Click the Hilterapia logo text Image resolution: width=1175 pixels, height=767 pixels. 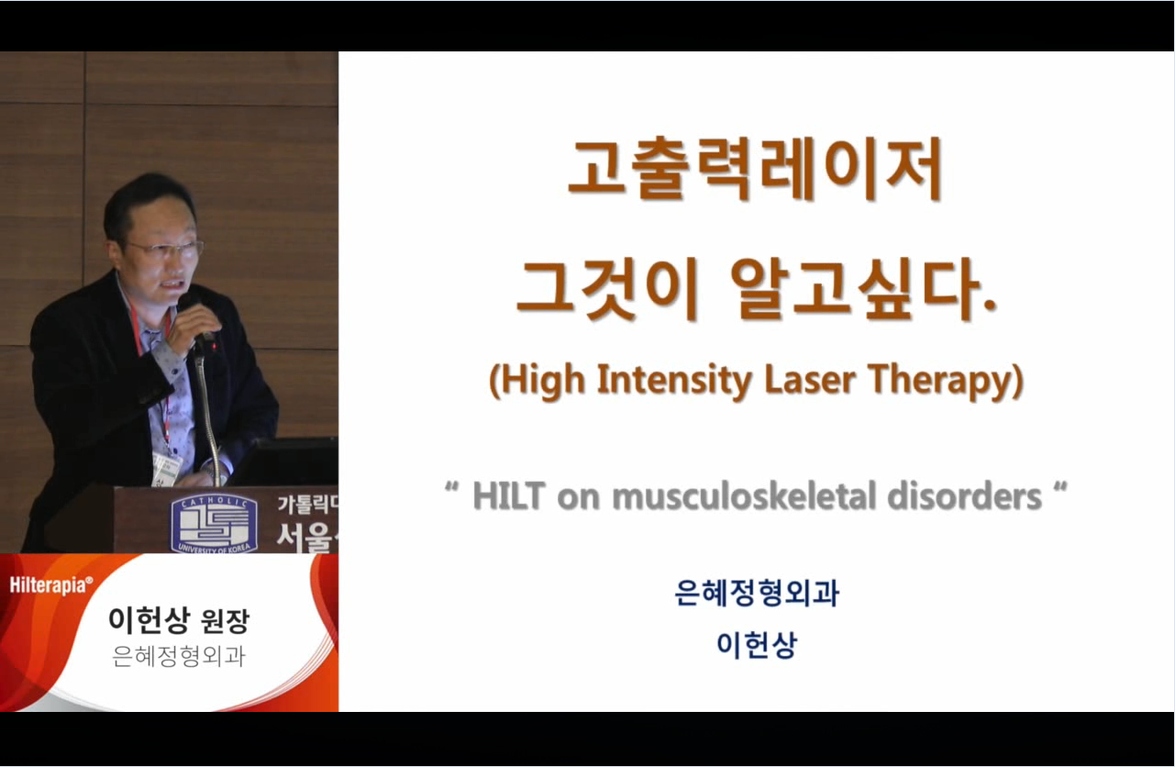click(51, 585)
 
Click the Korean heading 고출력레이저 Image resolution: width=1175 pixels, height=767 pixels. click(756, 169)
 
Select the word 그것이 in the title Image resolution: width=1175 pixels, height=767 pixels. click(607, 289)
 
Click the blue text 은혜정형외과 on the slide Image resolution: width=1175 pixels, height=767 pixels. click(757, 594)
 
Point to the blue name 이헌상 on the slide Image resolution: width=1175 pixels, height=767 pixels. click(757, 645)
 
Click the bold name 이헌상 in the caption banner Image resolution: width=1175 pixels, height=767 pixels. click(149, 620)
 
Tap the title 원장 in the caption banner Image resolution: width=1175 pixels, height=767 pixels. click(225, 621)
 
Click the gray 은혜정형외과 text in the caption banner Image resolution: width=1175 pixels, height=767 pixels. click(179, 656)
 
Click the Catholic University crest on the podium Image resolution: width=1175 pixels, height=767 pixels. click(214, 524)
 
